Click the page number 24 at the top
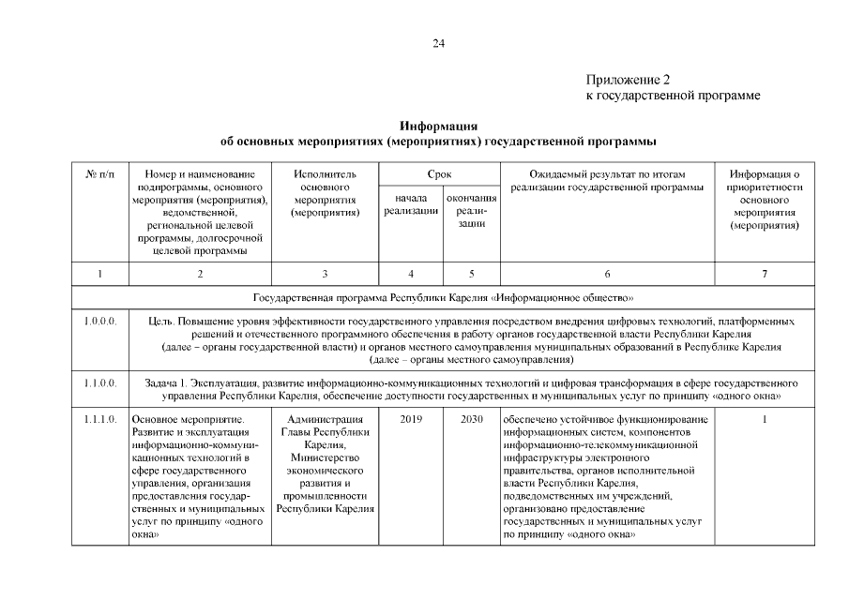438,43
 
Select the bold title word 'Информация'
438,126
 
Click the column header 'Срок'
439,173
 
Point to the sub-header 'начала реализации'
411,205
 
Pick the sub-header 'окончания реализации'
471,212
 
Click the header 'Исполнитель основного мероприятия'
325,193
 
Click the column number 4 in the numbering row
411,274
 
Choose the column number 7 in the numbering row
765,274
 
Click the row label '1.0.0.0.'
99,322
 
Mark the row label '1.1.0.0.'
99,383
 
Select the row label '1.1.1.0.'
99,420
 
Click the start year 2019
411,420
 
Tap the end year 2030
471,420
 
